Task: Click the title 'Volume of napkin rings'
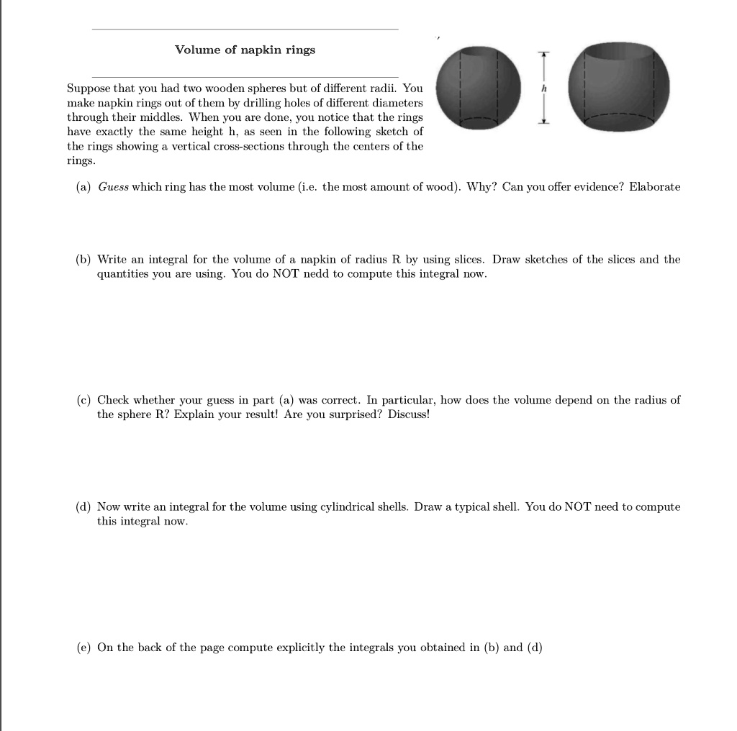pos(245,50)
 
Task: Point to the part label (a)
pos(83,187)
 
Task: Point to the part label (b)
pos(83,259)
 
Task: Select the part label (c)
pos(83,399)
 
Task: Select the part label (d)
pos(83,507)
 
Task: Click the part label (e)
pos(83,648)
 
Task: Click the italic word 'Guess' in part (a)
pos(113,187)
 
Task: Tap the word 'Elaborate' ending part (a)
pos(654,187)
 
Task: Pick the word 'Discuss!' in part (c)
pos(408,415)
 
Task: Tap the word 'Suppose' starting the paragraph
pos(87,88)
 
